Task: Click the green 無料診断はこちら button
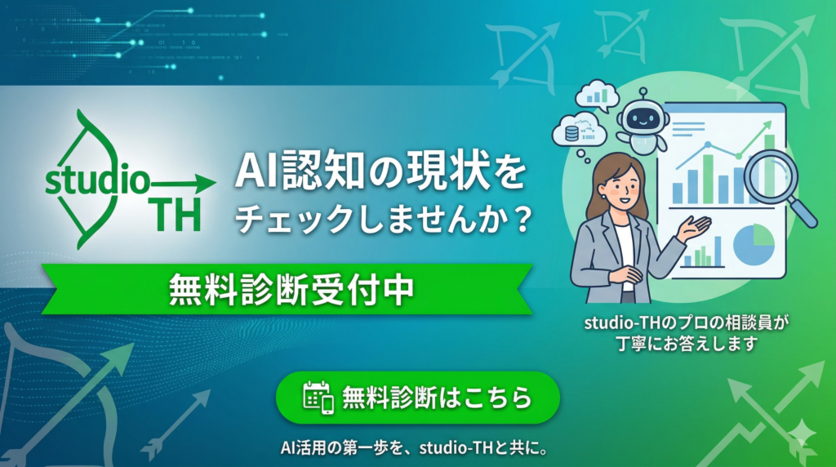coord(417,397)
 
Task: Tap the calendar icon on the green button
coord(318,397)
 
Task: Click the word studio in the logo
coord(98,179)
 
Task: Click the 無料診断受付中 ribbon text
coord(291,290)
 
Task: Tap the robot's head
coord(641,117)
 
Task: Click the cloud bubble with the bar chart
coord(597,96)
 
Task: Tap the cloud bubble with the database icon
coord(579,131)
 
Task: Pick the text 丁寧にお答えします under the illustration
coord(687,343)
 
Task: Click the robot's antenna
coord(644,95)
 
